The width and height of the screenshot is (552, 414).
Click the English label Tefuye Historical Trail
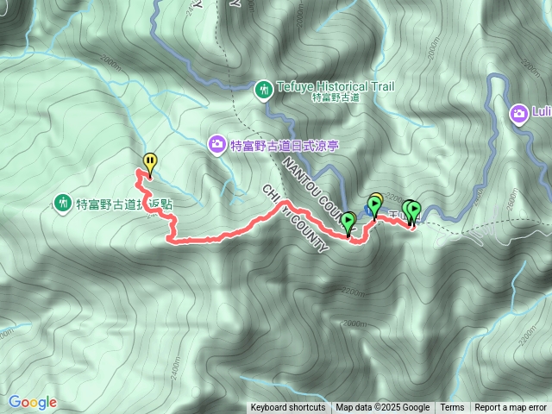pos(336,86)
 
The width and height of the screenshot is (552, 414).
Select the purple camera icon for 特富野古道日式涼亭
pos(217,144)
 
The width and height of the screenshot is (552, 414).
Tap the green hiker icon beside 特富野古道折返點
pos(62,204)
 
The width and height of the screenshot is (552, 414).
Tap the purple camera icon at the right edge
pos(519,112)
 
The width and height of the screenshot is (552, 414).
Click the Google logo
pos(32,402)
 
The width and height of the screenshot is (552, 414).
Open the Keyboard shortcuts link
pos(288,408)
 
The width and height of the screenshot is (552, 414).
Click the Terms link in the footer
pos(452,408)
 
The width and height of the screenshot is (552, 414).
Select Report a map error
pos(511,408)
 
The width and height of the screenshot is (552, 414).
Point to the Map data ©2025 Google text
pos(382,408)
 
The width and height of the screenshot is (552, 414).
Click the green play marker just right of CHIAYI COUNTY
pos(348,223)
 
